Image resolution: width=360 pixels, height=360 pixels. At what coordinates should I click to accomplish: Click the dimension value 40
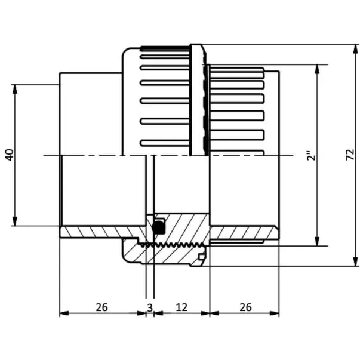(x=10, y=155)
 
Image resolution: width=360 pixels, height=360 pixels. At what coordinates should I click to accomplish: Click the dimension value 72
(x=350, y=155)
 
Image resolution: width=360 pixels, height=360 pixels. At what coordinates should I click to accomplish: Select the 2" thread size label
(x=312, y=156)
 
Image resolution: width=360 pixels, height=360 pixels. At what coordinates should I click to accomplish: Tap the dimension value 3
(x=150, y=307)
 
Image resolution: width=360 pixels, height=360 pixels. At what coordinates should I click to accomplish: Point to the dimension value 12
(x=181, y=307)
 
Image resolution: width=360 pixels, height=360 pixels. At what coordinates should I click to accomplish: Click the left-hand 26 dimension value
(x=101, y=307)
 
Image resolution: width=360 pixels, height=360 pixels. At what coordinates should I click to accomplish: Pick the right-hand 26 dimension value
(x=245, y=307)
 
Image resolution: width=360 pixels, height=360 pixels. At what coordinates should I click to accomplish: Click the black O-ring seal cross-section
(x=159, y=227)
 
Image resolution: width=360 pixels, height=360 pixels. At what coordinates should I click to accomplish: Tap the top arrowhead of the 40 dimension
(x=15, y=90)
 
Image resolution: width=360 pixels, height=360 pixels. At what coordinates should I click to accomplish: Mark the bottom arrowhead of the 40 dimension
(x=15, y=221)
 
